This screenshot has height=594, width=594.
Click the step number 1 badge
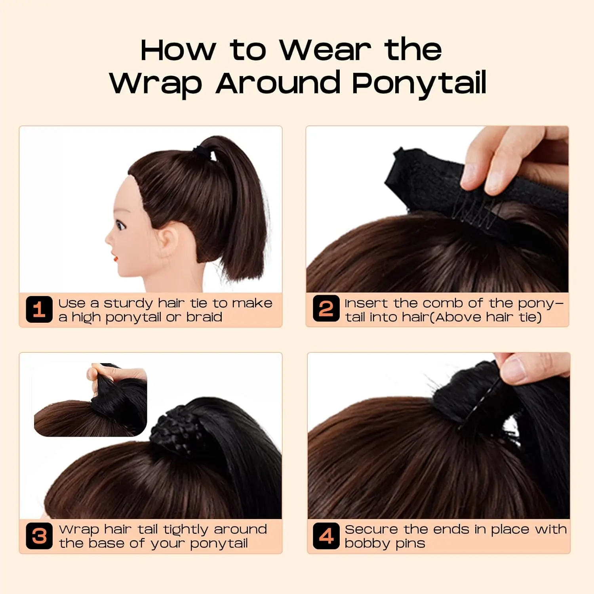point(39,309)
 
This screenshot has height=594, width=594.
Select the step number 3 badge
point(39,536)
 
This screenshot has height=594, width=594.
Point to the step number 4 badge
point(326,536)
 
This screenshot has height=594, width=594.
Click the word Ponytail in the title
point(419,83)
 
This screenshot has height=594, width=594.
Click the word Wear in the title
point(326,50)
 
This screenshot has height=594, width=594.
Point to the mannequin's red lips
point(115,258)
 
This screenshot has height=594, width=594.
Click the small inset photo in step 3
point(90,400)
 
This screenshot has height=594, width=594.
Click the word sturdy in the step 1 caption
point(128,303)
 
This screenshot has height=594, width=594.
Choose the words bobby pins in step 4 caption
point(385,543)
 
